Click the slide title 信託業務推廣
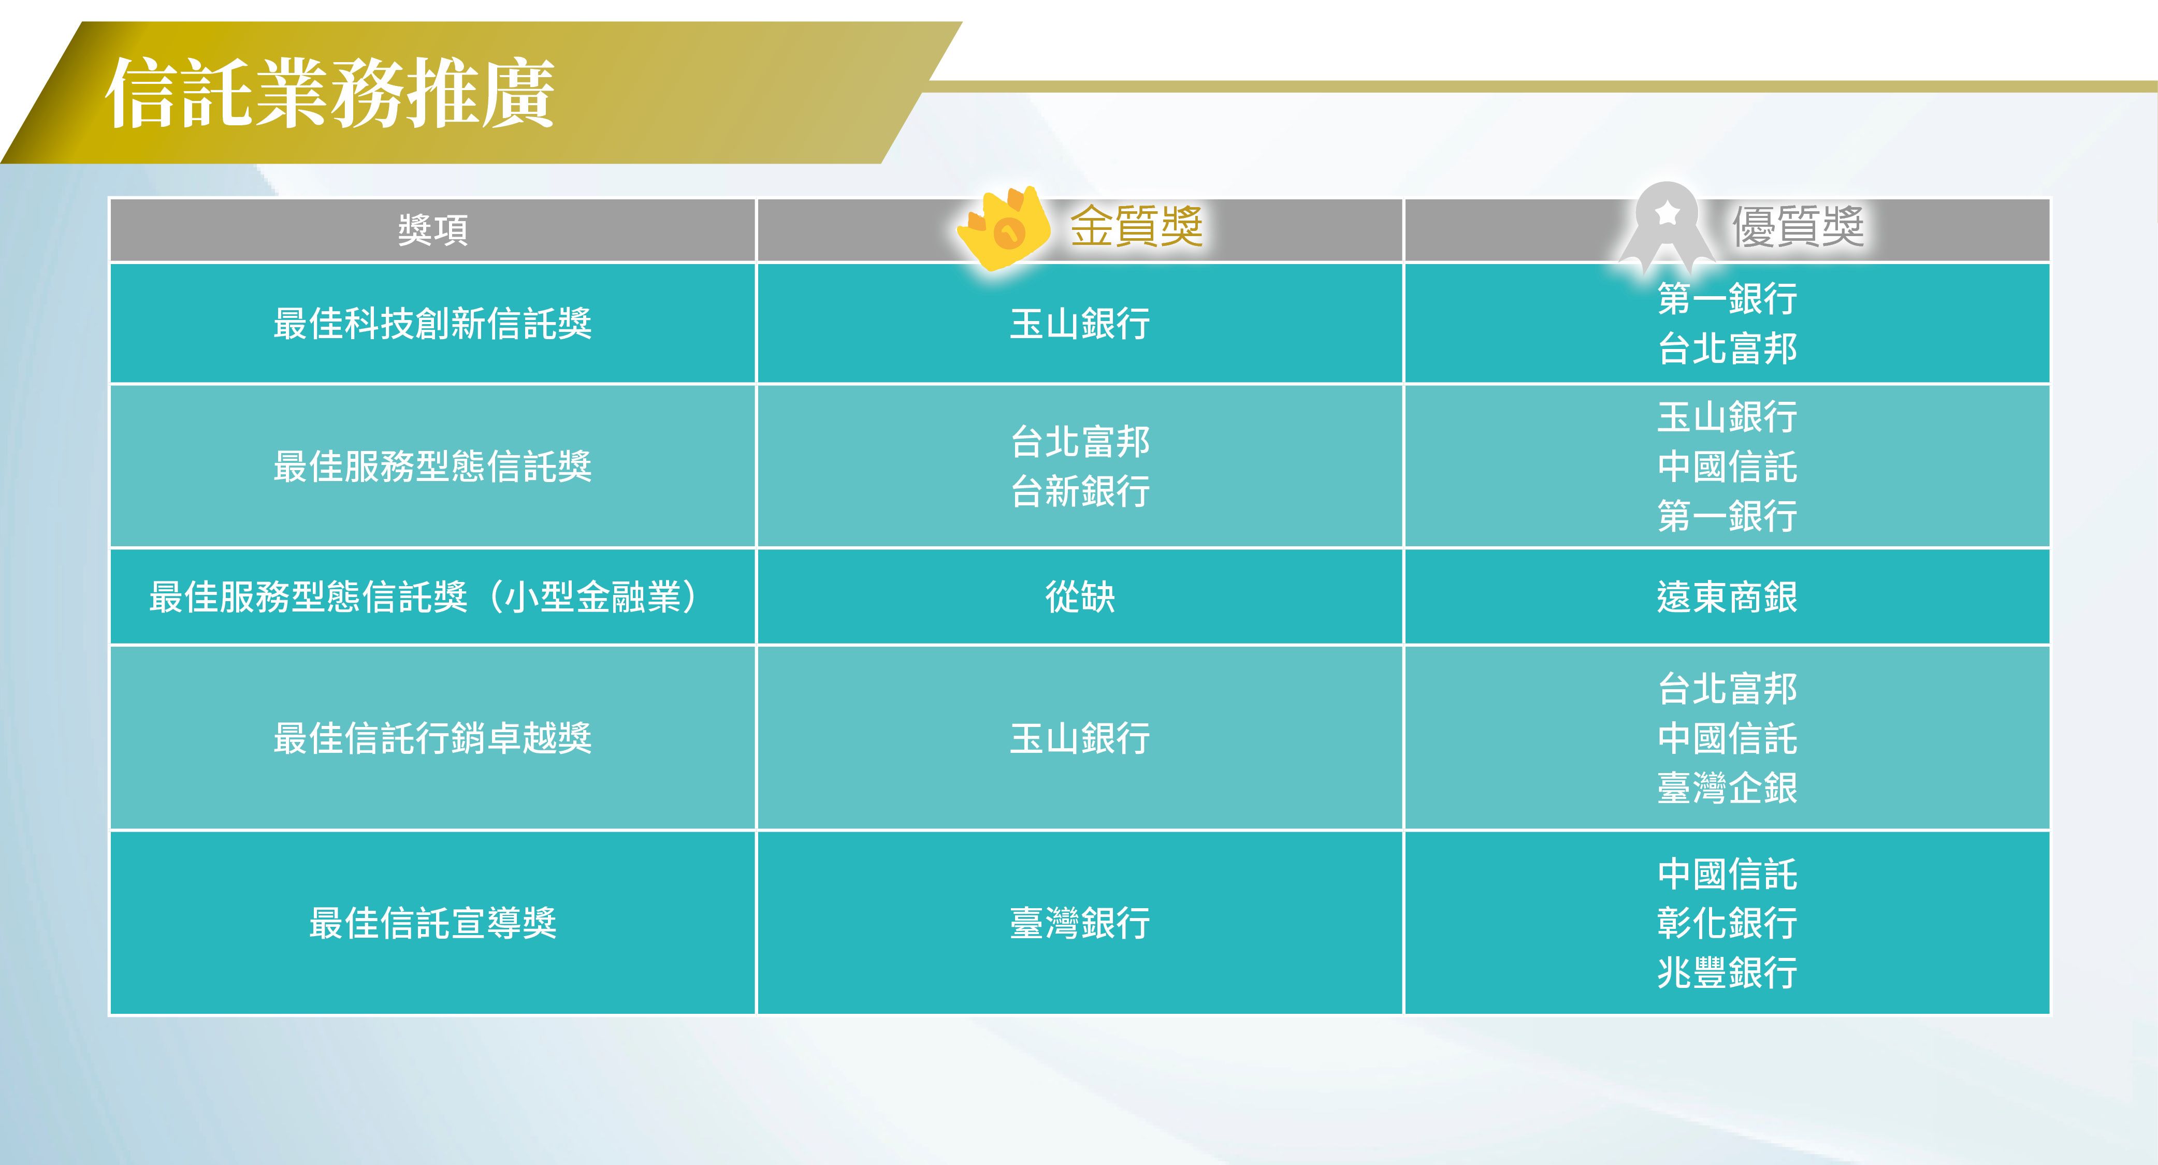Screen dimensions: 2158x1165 click(330, 93)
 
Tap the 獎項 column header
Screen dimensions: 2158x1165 click(432, 229)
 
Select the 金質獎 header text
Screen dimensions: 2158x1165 click(1136, 226)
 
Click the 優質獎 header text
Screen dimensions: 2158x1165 click(1798, 226)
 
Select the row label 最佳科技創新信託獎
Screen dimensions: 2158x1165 click(432, 323)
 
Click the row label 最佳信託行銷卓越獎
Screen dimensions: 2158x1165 click(432, 738)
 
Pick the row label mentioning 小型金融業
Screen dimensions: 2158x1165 click(424, 597)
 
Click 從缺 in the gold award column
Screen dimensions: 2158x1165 click(1080, 597)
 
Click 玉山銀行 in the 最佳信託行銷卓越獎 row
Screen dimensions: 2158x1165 click(1080, 738)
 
